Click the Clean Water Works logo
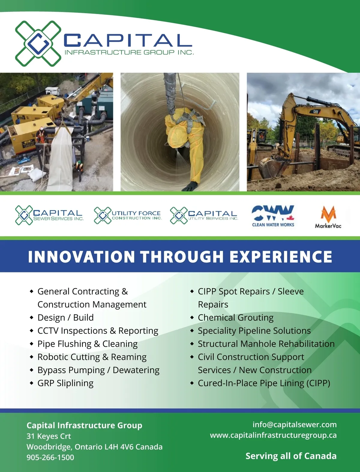273,216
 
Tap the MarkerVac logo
328,217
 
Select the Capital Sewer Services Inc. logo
49,215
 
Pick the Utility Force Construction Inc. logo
128,215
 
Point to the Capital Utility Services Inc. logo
204,215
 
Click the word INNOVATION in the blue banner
81,256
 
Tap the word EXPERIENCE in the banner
281,256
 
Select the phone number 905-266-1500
50,457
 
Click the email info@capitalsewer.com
295,424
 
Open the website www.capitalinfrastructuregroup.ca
273,435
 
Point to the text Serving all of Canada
291,456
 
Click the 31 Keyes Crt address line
49,436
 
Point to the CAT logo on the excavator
316,111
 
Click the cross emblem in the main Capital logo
38,43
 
